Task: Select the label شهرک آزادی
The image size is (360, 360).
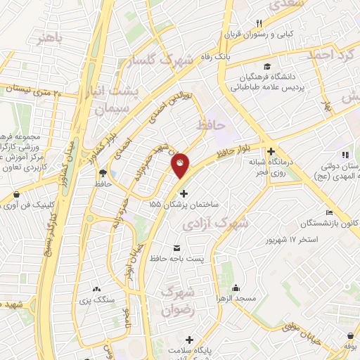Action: coord(215,224)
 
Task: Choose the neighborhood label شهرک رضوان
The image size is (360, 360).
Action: coord(177,300)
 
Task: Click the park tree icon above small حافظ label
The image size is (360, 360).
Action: coord(104,172)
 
